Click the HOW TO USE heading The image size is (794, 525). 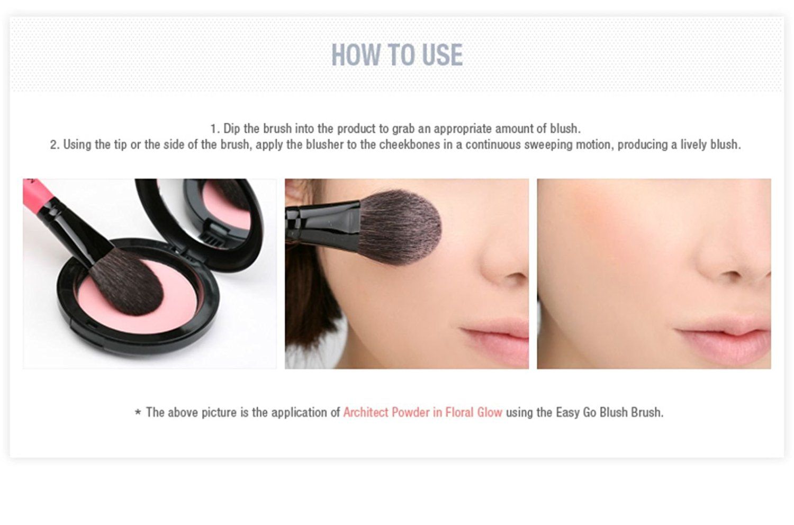tap(397, 55)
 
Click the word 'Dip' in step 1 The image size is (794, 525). tap(232, 129)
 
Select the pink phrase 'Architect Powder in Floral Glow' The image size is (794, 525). tap(422, 412)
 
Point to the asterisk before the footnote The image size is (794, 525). tap(138, 413)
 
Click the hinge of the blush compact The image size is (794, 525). tap(212, 241)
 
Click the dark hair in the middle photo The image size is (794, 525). tap(307, 296)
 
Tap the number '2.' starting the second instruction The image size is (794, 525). tap(55, 144)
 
